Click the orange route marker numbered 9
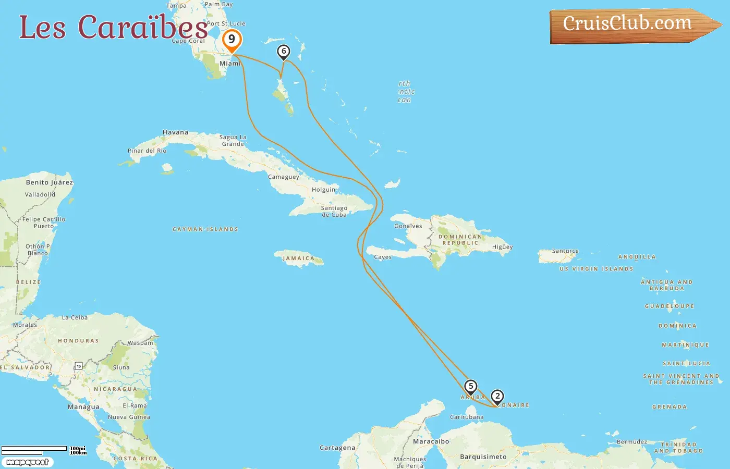(x=232, y=40)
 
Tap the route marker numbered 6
(x=283, y=51)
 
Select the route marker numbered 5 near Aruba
(x=470, y=387)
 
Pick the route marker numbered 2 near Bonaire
(x=497, y=397)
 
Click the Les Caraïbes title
(x=114, y=27)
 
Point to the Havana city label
(x=175, y=132)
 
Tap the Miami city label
(x=230, y=64)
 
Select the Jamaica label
(x=299, y=258)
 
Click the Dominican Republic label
(x=460, y=240)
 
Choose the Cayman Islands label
(x=205, y=229)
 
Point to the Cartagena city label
(x=337, y=448)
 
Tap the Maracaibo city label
(x=431, y=441)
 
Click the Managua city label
(x=83, y=407)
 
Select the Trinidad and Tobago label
(x=678, y=448)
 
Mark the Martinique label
(x=685, y=345)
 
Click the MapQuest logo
(x=27, y=462)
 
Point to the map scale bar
(x=34, y=449)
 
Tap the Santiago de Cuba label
(x=334, y=211)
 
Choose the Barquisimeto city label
(x=483, y=457)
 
